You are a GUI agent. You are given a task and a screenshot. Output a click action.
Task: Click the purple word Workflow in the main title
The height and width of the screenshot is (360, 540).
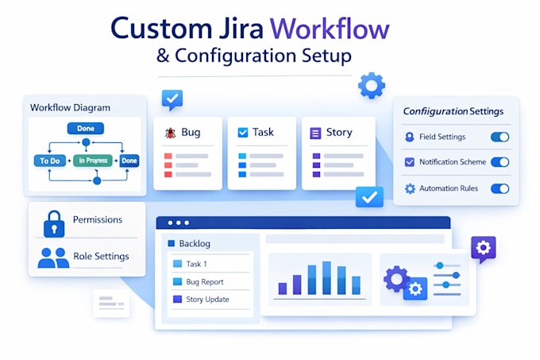(330, 29)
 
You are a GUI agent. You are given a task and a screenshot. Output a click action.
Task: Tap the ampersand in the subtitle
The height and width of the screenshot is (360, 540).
(163, 56)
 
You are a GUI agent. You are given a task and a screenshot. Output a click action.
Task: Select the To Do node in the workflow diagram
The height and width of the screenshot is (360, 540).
(50, 161)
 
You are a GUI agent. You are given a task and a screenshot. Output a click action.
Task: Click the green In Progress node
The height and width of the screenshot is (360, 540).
(93, 161)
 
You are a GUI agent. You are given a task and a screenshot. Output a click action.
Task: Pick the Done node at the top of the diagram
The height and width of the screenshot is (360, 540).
(86, 129)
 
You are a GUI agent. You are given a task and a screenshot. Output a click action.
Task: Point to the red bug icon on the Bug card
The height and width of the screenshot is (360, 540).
(171, 133)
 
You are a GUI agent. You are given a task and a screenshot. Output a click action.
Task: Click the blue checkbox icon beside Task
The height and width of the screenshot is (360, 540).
(243, 133)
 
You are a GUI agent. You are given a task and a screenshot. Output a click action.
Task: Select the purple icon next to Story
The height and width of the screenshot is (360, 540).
(315, 133)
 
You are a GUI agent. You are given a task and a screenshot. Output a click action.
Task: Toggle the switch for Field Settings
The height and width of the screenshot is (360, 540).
(499, 137)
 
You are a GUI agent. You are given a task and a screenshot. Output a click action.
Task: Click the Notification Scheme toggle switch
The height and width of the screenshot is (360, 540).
(499, 162)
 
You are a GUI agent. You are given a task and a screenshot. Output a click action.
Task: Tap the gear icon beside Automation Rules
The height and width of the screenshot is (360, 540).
(410, 188)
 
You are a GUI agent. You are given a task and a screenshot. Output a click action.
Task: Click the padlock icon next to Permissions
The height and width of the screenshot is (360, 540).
(54, 224)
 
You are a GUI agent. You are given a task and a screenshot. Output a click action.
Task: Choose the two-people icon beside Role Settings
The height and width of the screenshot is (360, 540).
(53, 257)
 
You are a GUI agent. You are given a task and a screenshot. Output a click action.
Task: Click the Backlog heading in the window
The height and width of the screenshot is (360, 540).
(195, 243)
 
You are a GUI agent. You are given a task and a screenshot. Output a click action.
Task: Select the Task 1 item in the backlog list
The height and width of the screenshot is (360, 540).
(196, 264)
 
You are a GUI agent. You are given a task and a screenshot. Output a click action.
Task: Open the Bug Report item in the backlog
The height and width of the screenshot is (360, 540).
(205, 282)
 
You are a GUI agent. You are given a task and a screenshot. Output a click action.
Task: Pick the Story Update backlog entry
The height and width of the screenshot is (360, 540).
(207, 300)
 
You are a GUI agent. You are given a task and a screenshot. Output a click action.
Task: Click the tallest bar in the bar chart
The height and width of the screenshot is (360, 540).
(326, 277)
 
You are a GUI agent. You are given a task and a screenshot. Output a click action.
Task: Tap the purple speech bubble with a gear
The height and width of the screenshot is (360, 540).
(484, 249)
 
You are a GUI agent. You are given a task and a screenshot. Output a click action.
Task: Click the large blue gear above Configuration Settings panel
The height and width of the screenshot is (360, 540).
(372, 86)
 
